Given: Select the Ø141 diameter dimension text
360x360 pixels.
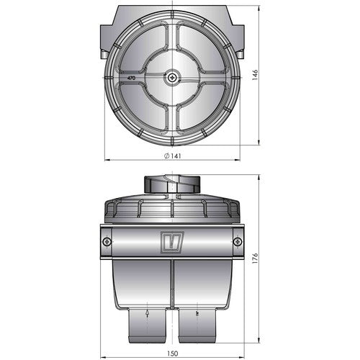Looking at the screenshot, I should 173,156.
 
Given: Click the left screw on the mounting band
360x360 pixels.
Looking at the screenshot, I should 107,242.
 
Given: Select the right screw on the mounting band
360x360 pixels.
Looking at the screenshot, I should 238,242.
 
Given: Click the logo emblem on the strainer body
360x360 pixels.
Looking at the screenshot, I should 173,241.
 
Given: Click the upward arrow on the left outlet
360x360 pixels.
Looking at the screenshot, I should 147,313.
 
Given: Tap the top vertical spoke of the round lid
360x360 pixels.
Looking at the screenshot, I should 173,43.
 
